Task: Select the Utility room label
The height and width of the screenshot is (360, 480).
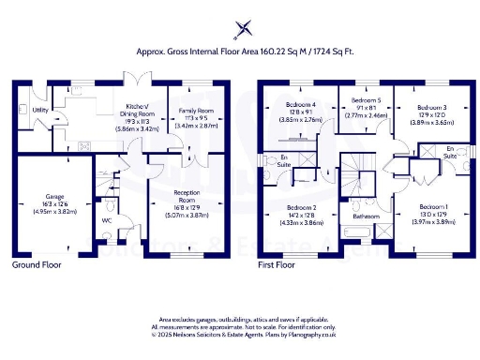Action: tap(40, 110)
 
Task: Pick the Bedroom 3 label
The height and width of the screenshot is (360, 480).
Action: tap(431, 106)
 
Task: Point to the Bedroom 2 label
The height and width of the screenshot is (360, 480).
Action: tap(302, 207)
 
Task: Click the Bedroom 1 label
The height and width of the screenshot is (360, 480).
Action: tap(433, 206)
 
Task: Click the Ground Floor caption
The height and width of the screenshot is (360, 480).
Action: tap(37, 265)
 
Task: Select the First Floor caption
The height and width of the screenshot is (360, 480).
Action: tap(277, 265)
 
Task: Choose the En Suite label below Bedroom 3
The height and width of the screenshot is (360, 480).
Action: tap(450, 153)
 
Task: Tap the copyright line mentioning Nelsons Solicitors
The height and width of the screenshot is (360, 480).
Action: tap(240, 334)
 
